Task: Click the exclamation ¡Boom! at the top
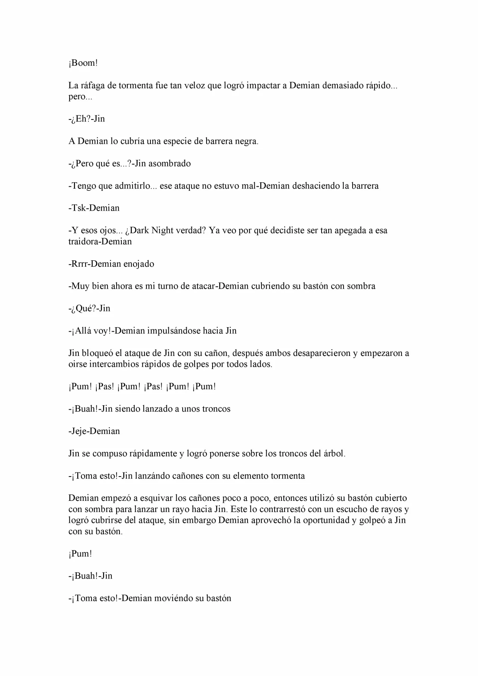pyautogui.click(x=83, y=63)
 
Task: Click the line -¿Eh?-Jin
pyautogui.click(x=87, y=119)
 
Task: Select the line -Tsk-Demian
pyautogui.click(x=94, y=208)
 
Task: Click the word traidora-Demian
pyautogui.click(x=100, y=241)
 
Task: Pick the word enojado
pyautogui.click(x=139, y=264)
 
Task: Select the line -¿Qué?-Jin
pyautogui.click(x=89, y=308)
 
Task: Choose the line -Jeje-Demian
pyautogui.click(x=94, y=431)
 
